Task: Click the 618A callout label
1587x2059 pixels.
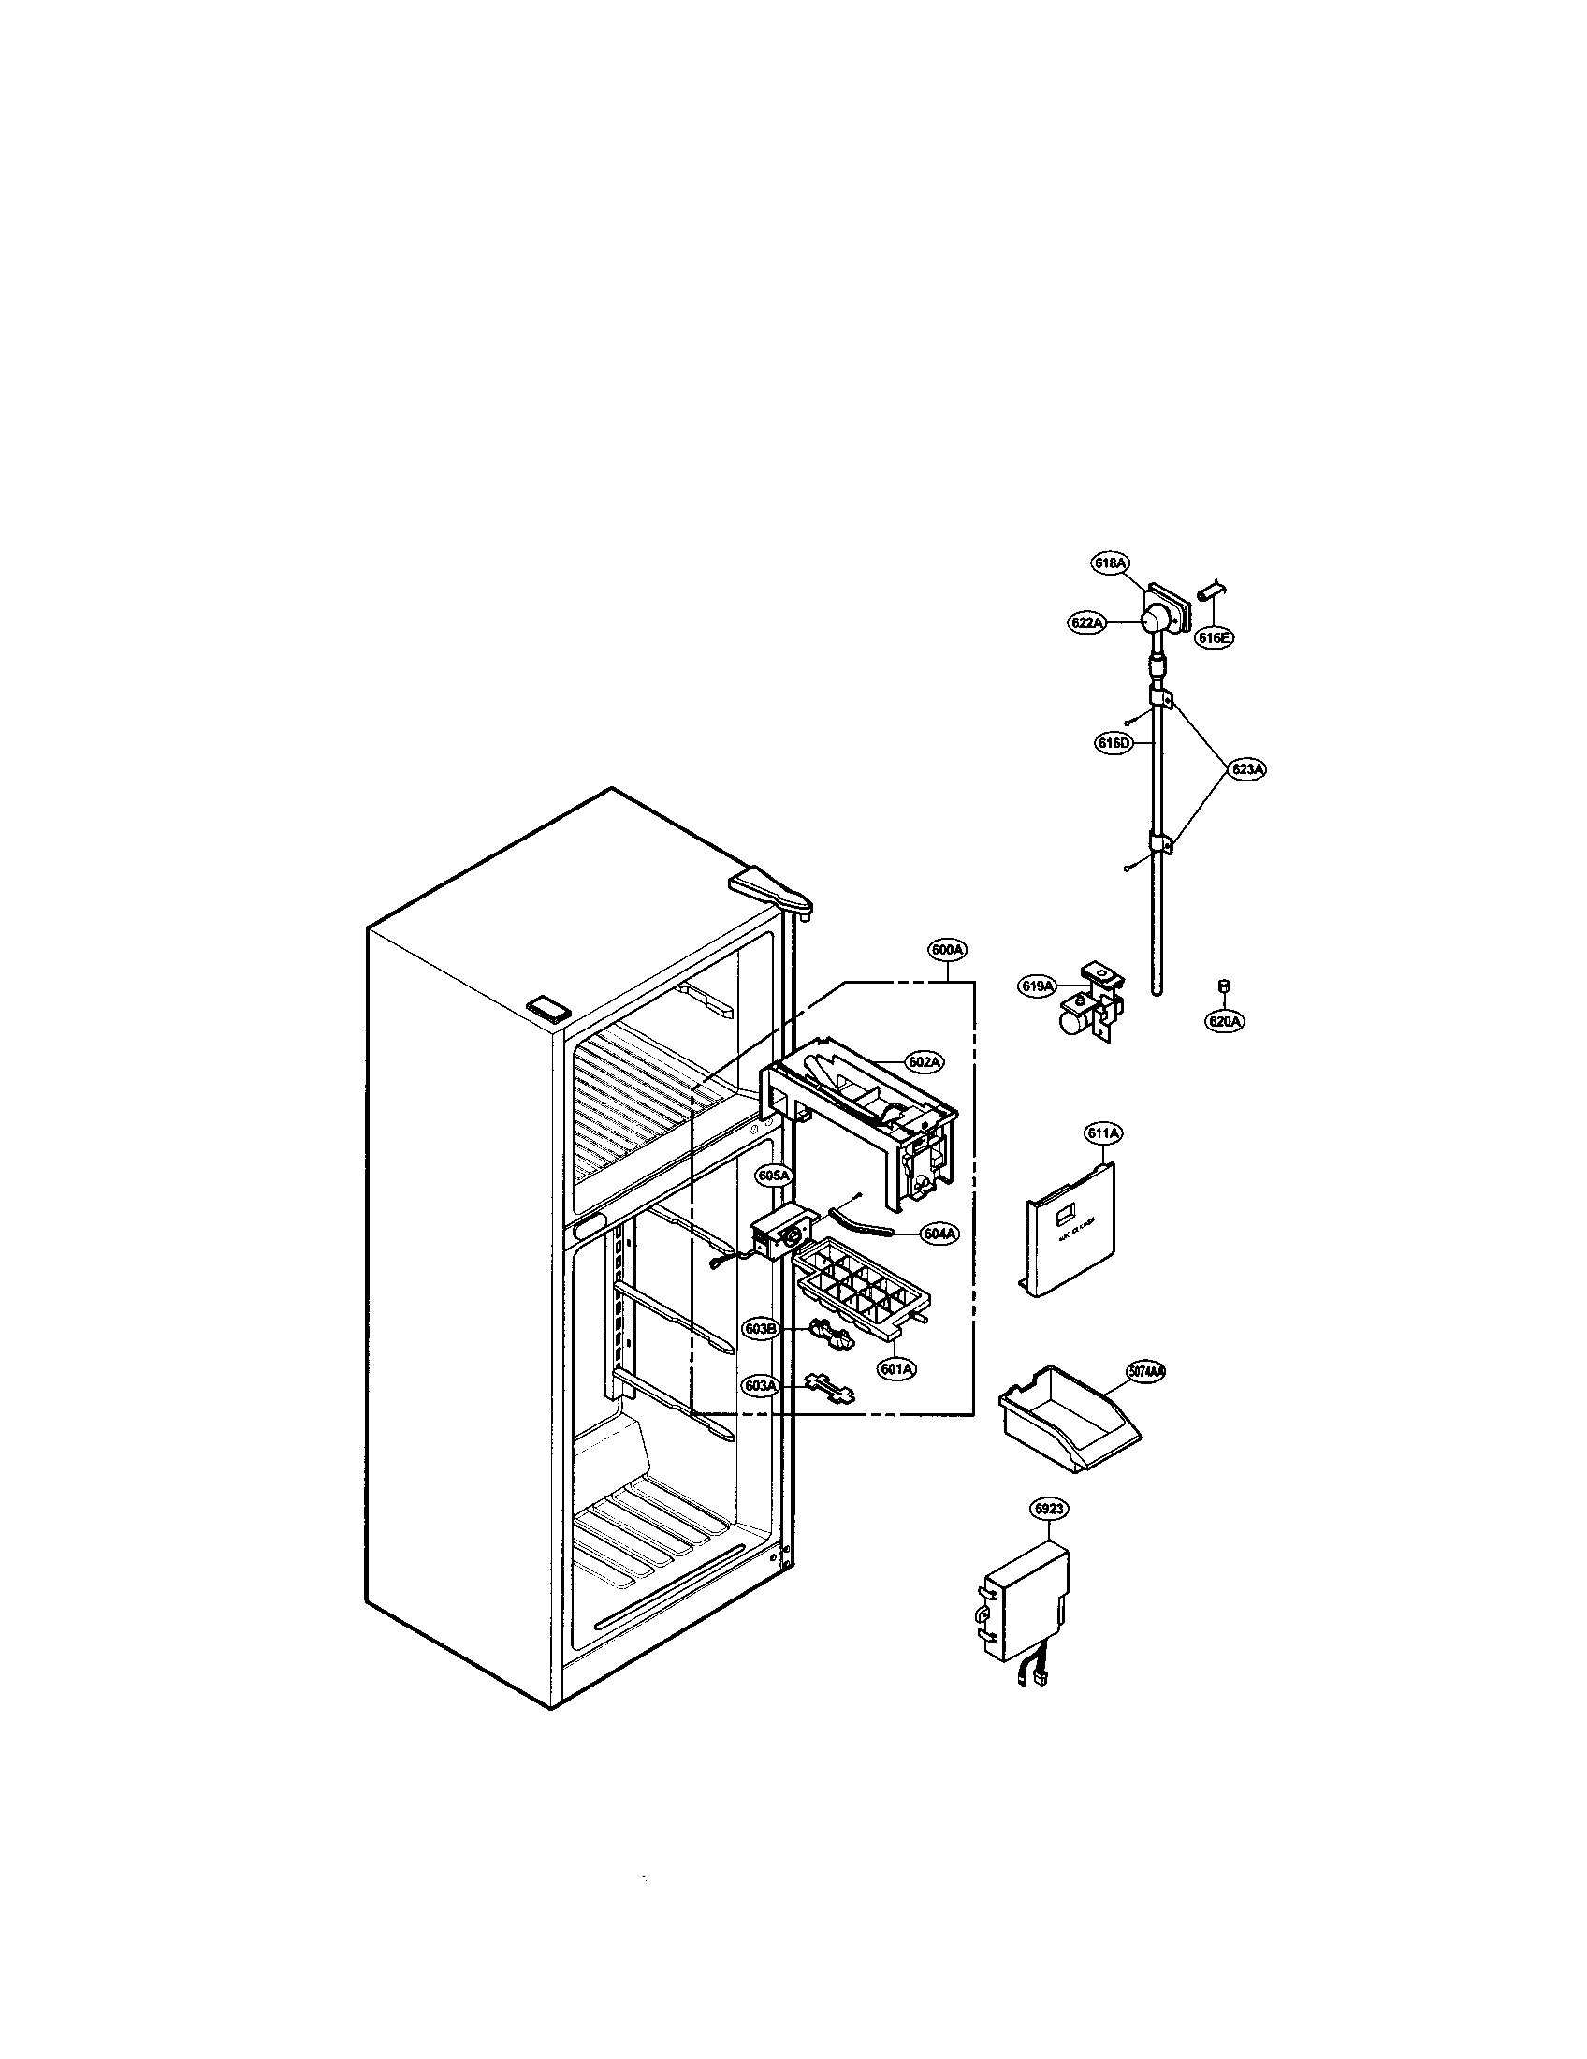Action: tap(1110, 562)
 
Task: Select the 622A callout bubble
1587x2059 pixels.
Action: tap(1086, 622)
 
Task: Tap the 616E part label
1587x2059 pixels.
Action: tap(1214, 637)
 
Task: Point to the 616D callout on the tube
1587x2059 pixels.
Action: tap(1113, 743)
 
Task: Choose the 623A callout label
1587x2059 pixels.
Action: tap(1247, 769)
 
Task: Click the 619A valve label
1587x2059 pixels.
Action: tap(1037, 986)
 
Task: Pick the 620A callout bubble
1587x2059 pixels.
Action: tap(1225, 1020)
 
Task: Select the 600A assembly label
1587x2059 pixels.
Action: tap(947, 950)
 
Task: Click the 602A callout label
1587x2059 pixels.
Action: tap(925, 1062)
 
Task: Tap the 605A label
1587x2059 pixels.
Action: tap(774, 1176)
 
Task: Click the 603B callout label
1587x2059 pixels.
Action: tap(760, 1329)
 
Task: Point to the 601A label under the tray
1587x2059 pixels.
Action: tap(896, 1368)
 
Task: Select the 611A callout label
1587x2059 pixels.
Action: tap(1102, 1134)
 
